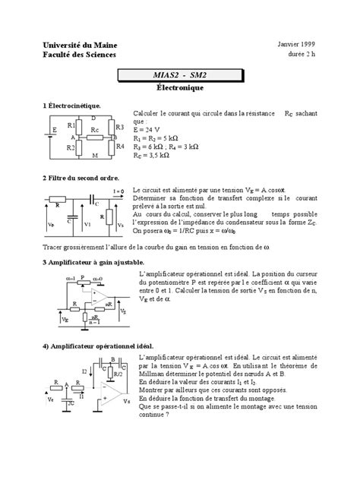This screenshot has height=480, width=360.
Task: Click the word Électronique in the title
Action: (180, 88)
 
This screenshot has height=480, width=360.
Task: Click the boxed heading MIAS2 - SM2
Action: (180, 76)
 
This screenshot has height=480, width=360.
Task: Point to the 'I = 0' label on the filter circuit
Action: (118, 191)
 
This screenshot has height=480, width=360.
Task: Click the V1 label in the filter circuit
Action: (87, 224)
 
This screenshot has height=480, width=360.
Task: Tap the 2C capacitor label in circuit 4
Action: (71, 404)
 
